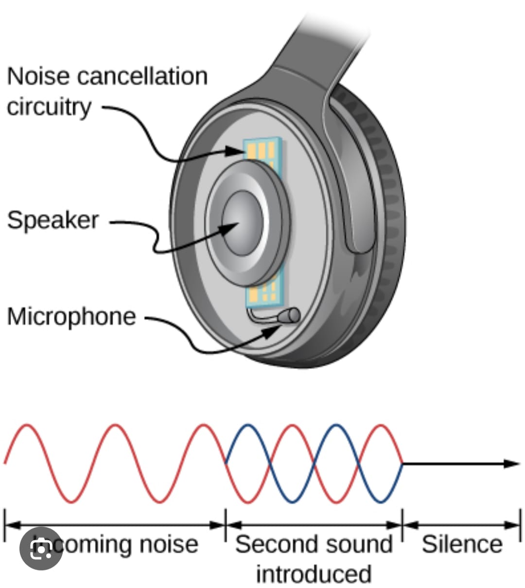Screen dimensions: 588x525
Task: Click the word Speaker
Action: pos(52,220)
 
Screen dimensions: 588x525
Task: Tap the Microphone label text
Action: pos(71,317)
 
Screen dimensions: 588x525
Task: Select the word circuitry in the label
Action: pos(49,107)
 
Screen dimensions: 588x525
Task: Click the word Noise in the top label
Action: pos(38,76)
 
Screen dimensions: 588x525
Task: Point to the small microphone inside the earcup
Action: pos(290,316)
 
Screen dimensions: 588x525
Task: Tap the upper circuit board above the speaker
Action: pos(263,149)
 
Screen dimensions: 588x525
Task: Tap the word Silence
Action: pos(462,544)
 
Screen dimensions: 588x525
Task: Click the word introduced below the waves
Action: pos(314,574)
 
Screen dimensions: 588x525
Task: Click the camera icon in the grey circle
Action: pos(41,549)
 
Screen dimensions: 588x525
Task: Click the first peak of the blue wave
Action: pos(247,426)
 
